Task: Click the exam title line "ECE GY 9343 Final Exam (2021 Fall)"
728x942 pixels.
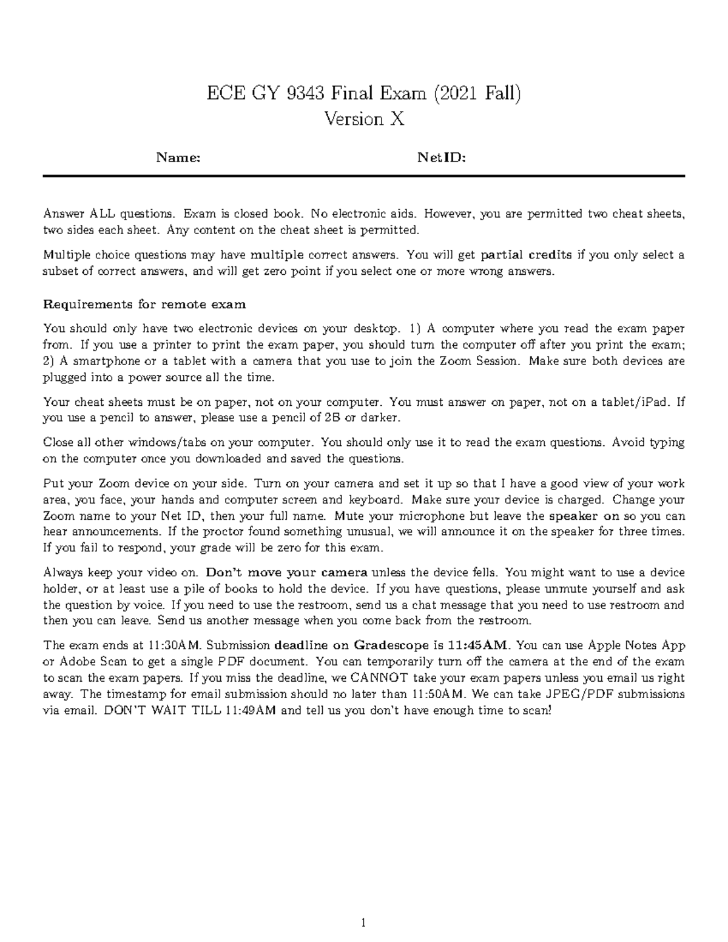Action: tap(364, 94)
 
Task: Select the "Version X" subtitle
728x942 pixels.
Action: tap(364, 119)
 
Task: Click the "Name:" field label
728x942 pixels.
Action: tap(178, 158)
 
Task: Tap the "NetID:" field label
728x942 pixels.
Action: tap(442, 158)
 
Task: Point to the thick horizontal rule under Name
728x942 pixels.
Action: tap(364, 176)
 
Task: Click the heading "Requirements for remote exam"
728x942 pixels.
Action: tap(144, 304)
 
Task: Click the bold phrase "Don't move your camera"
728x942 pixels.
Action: tap(287, 573)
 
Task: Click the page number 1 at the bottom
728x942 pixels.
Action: tap(363, 924)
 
